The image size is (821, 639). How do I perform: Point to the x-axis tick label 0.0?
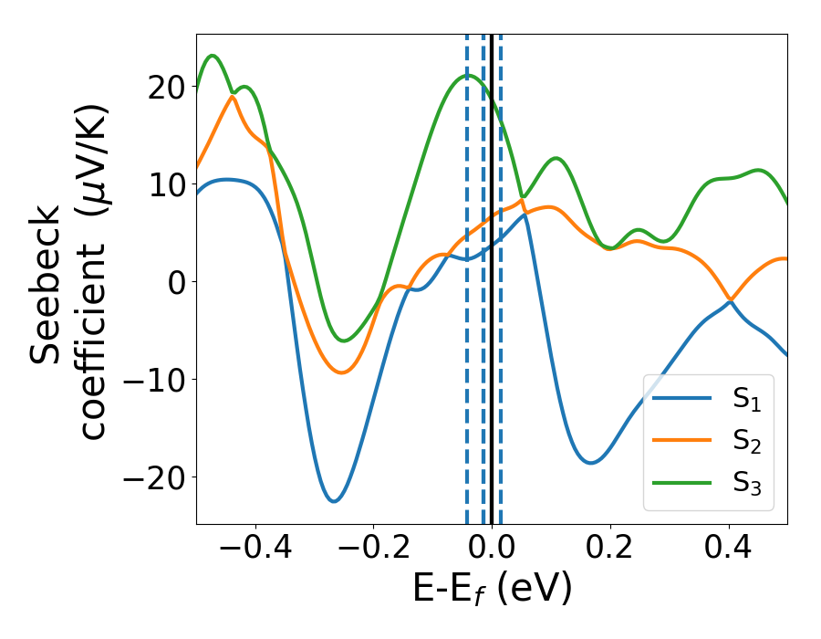tap(492, 549)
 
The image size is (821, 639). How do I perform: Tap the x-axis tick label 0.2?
tap(610, 549)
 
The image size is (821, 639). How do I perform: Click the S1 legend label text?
tap(746, 399)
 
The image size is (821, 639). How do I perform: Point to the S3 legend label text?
tap(746, 485)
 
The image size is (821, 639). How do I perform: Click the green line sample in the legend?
tap(683, 484)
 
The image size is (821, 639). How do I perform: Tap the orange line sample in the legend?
tap(683, 441)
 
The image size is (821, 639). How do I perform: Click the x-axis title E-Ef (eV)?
tap(492, 590)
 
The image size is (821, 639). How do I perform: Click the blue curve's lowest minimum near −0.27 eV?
tap(334, 501)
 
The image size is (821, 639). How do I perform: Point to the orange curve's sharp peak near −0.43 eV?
tap(233, 96)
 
